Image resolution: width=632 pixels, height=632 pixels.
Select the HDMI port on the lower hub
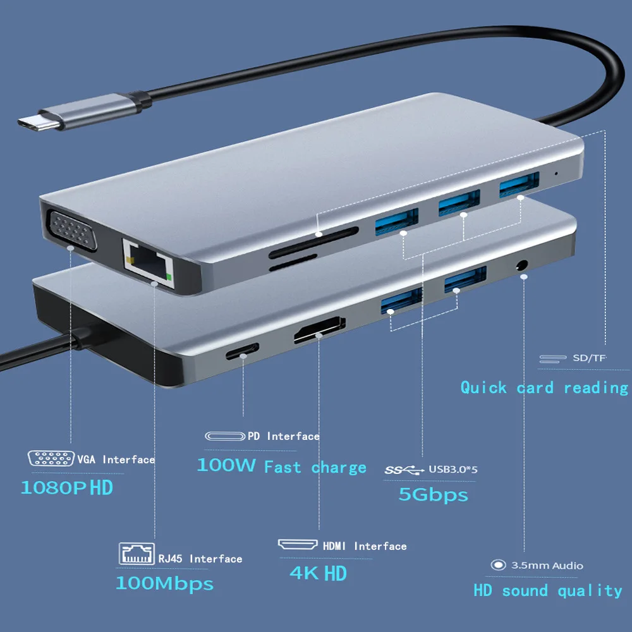319,331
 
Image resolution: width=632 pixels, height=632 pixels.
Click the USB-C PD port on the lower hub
242,351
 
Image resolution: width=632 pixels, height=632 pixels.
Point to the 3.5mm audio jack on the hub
522,264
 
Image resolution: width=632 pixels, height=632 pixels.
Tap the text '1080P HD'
67,487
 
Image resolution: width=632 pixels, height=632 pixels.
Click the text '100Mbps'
164,583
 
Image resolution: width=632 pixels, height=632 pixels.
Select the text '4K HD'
319,573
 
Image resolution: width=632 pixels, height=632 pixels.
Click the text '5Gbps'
433,494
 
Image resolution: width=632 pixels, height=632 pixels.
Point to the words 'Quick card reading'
544,387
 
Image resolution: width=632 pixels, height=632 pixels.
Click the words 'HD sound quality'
548,591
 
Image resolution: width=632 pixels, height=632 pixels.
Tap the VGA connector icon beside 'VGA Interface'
51,459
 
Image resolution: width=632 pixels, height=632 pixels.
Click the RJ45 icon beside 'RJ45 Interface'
136,553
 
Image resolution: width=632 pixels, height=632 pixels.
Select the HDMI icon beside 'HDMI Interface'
298,545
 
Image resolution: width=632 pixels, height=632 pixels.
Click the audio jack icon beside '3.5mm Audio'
499,566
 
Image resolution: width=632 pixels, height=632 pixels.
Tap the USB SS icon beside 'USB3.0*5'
404,470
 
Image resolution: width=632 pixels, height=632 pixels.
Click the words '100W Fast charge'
282,467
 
